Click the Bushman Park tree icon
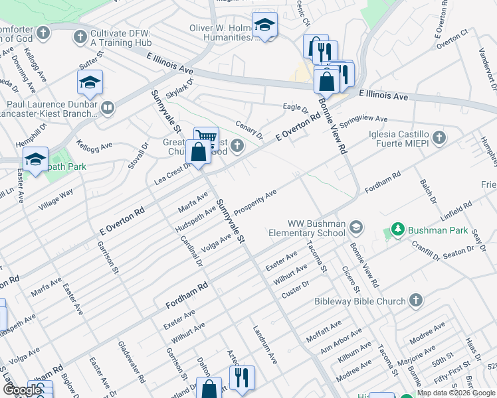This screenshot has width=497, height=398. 397,230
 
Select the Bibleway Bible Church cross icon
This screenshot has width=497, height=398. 416,300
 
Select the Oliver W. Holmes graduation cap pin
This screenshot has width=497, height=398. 264,25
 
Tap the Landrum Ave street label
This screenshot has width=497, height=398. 264,344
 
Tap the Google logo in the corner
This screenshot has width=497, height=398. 22,390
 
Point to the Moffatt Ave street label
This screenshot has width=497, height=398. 324,330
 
